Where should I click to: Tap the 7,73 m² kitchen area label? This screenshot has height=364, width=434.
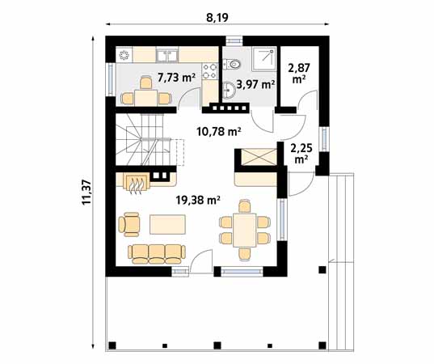click(x=176, y=78)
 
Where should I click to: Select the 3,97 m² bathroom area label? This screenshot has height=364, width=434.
click(x=258, y=83)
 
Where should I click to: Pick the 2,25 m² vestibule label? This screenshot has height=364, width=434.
click(x=301, y=154)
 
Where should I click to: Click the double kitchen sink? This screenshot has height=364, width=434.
click(x=168, y=55)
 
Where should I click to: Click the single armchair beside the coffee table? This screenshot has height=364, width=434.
click(x=129, y=222)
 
